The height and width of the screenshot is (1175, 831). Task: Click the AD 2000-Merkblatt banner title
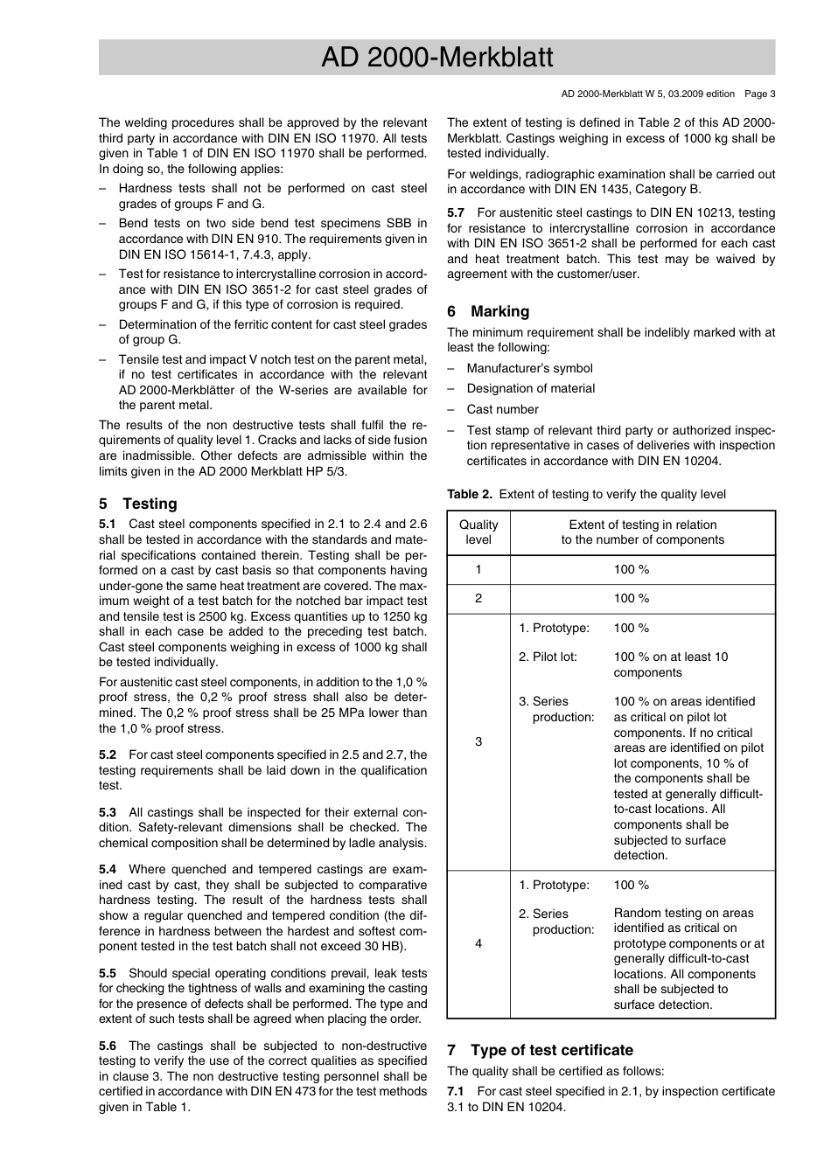(436, 58)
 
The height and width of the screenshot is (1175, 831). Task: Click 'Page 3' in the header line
(760, 94)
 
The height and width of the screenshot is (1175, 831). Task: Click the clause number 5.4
(108, 869)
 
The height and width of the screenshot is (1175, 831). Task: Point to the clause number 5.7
(456, 212)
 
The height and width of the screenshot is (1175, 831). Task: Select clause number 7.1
(456, 1091)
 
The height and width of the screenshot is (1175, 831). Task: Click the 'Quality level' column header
(478, 532)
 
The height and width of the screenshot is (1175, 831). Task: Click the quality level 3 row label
(478, 741)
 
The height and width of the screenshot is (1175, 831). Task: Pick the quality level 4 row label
(478, 944)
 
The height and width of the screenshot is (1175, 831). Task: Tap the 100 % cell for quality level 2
(632, 599)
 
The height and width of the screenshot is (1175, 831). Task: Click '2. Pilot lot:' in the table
(548, 657)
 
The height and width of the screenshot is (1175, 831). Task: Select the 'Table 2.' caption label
(470, 494)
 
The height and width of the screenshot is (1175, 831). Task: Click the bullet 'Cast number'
(502, 409)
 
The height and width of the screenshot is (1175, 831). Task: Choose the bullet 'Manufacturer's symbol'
(529, 368)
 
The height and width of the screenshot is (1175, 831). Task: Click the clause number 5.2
(108, 754)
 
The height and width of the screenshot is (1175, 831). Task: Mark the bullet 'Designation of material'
(530, 388)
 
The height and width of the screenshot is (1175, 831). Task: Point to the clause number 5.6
(108, 1046)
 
